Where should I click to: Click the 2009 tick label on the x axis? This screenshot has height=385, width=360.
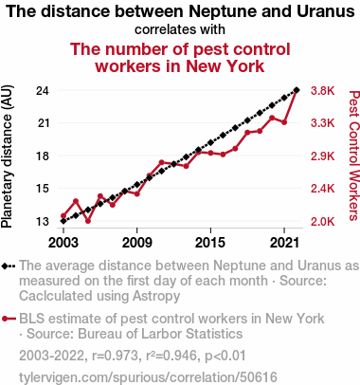pyautogui.click(x=136, y=243)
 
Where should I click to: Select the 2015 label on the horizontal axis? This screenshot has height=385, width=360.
pyautogui.click(x=210, y=243)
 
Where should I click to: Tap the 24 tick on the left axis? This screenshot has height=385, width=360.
pyautogui.click(x=43, y=91)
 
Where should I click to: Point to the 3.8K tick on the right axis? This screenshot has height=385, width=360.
pyautogui.click(x=322, y=91)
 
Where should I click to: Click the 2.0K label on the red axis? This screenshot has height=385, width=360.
pyautogui.click(x=322, y=222)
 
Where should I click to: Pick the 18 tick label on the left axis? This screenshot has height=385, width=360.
pyautogui.click(x=43, y=156)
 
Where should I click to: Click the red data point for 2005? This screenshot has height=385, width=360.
pyautogui.click(x=88, y=221)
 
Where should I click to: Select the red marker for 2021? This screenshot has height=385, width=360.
pyautogui.click(x=284, y=122)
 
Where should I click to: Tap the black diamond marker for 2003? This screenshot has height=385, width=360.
pyautogui.click(x=63, y=221)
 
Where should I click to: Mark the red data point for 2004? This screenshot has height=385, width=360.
pyautogui.click(x=76, y=201)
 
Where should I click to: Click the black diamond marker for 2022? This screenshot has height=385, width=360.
pyautogui.click(x=297, y=90)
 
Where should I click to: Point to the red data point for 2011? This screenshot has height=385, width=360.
pyautogui.click(x=162, y=162)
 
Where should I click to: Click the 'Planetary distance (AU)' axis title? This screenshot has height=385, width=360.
pyautogui.click(x=7, y=156)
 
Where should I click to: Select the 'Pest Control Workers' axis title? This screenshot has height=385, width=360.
pyautogui.click(x=354, y=156)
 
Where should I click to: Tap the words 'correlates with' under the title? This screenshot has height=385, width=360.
pyautogui.click(x=180, y=29)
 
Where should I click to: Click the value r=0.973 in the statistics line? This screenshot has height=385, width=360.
pyautogui.click(x=115, y=356)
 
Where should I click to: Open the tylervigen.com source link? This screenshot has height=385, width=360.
pyautogui.click(x=148, y=377)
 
